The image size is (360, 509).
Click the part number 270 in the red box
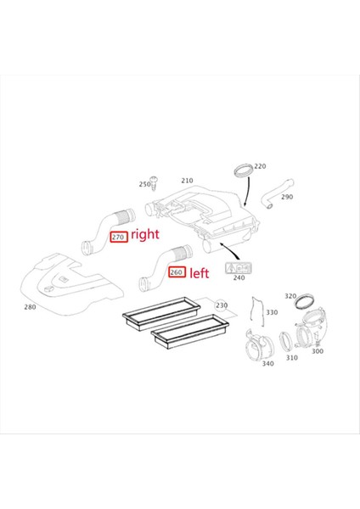pos(119,238)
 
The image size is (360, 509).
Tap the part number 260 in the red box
pos(177,272)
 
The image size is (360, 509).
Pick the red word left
pos(200,273)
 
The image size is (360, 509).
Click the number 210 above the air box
pos(187,181)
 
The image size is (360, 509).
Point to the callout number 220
pos(260,166)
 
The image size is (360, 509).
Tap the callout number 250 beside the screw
pos(144,184)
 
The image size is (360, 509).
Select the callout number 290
pos(286,197)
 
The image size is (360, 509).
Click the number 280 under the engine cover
pos(30,307)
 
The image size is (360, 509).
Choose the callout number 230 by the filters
pos(222,305)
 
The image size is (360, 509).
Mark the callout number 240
pos(239,277)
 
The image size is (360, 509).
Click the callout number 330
pos(271,313)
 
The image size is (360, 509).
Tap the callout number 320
pos(290,296)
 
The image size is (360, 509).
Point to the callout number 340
pos(267,364)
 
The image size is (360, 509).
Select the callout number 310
pos(291,358)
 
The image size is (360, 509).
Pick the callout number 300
pos(317,351)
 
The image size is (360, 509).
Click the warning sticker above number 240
pos(234,267)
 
